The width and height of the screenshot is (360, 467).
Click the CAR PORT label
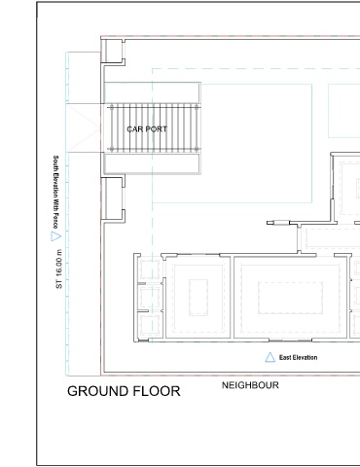pos(147,129)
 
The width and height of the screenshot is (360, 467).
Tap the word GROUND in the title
pos(95,391)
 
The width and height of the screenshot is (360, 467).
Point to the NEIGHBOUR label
pos(250,385)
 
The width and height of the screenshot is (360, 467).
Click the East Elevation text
pos(298,358)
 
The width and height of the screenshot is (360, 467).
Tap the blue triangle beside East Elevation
pos(270,357)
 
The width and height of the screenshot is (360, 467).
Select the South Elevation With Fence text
pos(55,192)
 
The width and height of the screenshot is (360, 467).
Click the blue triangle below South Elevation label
pos(55,236)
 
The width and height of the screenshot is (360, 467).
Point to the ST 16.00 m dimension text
pos(58,269)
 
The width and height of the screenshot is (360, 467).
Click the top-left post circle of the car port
pos(112,107)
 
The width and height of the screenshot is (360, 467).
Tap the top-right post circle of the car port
pos(197,107)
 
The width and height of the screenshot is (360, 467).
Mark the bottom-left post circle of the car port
pos(112,149)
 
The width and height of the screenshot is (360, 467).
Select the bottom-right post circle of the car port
pos(197,149)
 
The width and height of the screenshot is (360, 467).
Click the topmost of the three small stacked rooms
pos(150,269)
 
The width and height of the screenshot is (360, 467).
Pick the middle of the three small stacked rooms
pos(150,298)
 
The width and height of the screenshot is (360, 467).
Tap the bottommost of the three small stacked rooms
pos(150,325)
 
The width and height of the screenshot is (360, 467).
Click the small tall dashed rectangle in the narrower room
pos(198,298)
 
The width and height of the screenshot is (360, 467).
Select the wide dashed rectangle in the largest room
pos(290,298)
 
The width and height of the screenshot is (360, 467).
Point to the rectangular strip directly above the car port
pos(152,92)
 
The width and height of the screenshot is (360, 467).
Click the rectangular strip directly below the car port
pos(152,163)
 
